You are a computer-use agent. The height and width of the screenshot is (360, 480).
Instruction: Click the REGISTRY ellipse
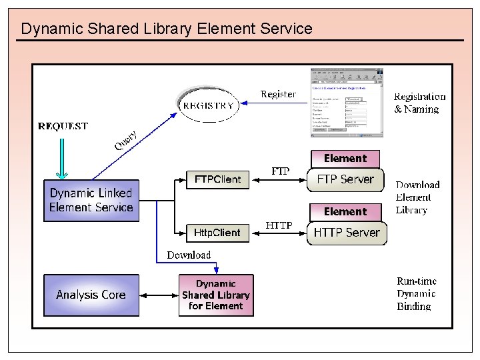[x=209, y=105]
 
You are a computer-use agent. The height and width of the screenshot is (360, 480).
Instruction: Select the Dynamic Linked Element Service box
[x=91, y=200]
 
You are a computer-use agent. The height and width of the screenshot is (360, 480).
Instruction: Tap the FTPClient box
[x=217, y=179]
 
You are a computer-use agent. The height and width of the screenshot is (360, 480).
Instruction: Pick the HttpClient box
[x=217, y=233]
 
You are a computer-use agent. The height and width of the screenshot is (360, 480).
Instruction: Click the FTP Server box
[x=345, y=179]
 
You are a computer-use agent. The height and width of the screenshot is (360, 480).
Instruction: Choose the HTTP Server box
[x=347, y=233]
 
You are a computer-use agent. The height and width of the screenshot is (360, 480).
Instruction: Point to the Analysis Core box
[x=91, y=295]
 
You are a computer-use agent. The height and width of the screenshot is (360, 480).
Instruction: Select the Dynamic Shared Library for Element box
[x=216, y=295]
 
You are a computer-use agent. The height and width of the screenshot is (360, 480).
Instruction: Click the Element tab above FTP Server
[x=345, y=159]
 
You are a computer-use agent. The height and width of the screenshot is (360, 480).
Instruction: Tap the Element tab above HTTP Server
[x=345, y=212]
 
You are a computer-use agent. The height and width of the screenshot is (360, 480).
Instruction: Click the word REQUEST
[x=63, y=126]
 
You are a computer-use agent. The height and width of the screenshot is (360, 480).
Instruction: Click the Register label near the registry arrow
[x=278, y=94]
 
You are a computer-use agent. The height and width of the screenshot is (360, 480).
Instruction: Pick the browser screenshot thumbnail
[x=347, y=103]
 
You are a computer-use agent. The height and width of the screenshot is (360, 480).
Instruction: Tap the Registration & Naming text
[x=419, y=103]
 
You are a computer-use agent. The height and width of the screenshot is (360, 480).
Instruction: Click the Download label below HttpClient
[x=189, y=255]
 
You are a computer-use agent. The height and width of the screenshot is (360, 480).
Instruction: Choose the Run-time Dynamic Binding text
[x=416, y=293]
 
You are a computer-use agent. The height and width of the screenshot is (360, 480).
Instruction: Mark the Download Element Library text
[x=417, y=197]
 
